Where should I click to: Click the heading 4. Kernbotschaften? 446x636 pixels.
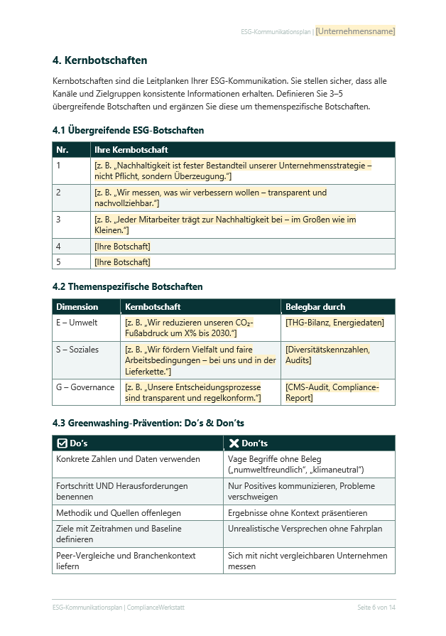tap(99, 60)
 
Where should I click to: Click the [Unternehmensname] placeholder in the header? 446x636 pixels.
tap(355, 31)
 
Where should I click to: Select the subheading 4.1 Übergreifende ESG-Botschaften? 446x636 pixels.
tap(128, 131)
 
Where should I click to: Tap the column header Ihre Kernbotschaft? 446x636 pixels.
tap(131, 150)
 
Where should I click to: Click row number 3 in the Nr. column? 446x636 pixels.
tap(58, 220)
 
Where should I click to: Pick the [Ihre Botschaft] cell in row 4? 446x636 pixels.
tap(122, 247)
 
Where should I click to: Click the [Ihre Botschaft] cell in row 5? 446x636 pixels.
tap(122, 262)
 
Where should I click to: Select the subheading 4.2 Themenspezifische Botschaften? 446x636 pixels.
tap(127, 287)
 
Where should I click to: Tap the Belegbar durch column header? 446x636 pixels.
tap(315, 307)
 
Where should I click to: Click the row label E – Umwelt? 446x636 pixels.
tap(72, 323)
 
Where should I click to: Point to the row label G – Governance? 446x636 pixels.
tap(85, 387)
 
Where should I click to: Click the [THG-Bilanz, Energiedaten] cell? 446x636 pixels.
tap(334, 323)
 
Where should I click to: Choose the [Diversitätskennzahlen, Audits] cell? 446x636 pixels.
tap(327, 355)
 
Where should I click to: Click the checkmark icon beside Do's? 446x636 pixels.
tap(62, 443)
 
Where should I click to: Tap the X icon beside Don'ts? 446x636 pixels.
tap(234, 443)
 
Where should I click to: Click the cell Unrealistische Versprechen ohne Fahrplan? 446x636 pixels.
tap(305, 529)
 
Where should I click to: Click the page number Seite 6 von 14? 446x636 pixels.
tap(376, 608)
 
